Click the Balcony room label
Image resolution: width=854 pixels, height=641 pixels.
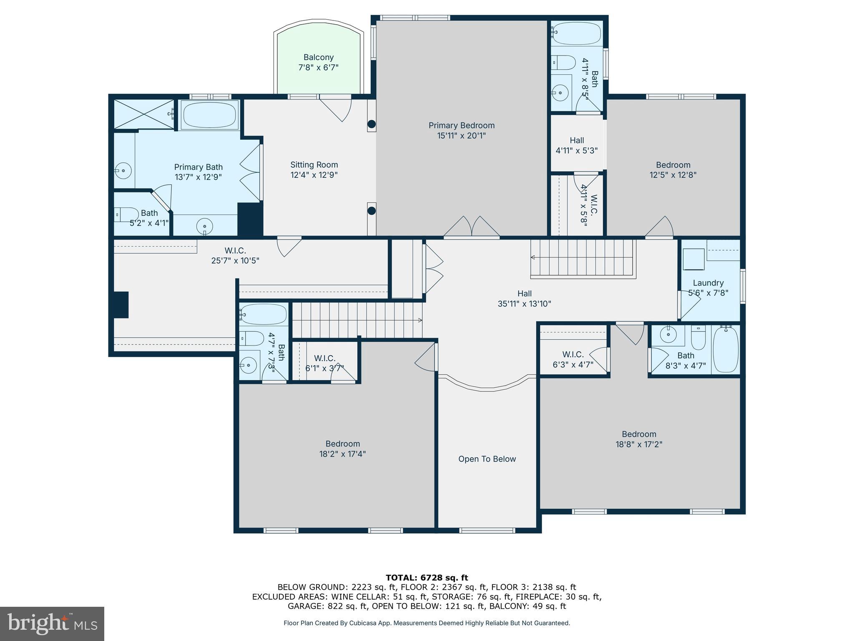(x=318, y=58)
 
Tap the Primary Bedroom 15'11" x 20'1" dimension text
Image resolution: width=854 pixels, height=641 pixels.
(x=461, y=136)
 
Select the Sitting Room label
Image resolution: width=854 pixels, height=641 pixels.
(x=314, y=165)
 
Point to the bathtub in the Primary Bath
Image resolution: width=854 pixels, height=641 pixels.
(x=209, y=115)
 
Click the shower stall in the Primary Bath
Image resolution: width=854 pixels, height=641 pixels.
(x=143, y=114)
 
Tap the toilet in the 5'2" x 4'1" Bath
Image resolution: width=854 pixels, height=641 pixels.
(x=126, y=215)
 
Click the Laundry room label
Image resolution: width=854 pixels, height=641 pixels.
(x=708, y=283)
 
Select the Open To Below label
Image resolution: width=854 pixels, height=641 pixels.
(x=487, y=459)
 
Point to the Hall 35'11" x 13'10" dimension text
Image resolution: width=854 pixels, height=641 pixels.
(x=524, y=304)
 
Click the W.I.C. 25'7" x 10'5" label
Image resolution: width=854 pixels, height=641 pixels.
(x=235, y=255)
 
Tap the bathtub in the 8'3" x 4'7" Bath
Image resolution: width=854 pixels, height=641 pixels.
(x=726, y=350)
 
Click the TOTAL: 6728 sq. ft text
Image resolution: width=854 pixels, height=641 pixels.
(x=427, y=578)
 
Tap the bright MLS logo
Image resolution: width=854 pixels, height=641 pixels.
(x=52, y=623)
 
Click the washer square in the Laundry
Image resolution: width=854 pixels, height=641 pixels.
(x=693, y=259)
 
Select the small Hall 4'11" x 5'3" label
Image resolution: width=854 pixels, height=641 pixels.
(x=577, y=141)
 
